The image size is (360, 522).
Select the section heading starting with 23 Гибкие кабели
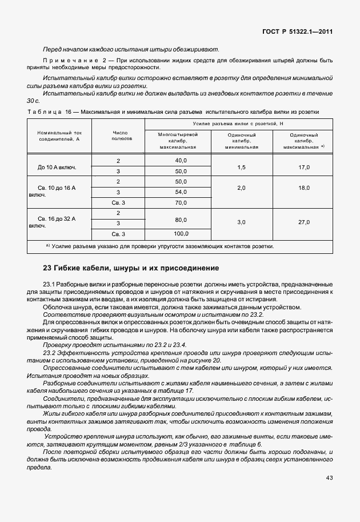coord(131,268)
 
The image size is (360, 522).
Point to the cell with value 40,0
coord(181,161)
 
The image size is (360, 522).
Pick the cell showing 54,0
coord(181,192)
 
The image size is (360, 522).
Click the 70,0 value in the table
coord(181,202)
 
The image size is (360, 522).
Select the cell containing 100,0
coord(181,233)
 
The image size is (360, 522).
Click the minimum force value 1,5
coord(241,167)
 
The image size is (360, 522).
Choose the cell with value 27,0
coord(304,222)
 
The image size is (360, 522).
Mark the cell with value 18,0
coord(304,188)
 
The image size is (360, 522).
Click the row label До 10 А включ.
coord(57,167)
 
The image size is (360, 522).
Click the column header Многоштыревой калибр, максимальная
coord(178,140)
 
